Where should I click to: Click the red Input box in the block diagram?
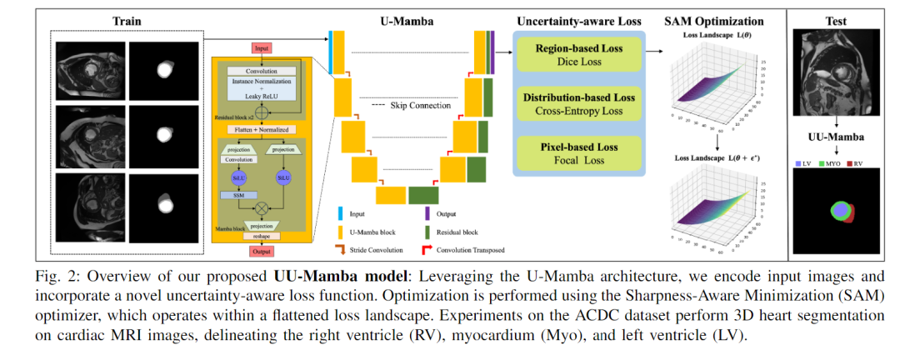coord(262,49)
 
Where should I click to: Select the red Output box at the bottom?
coord(262,251)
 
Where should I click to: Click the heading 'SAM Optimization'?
coord(712,19)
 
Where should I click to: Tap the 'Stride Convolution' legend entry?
coord(380,248)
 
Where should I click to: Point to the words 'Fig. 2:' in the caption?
coord(61,275)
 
